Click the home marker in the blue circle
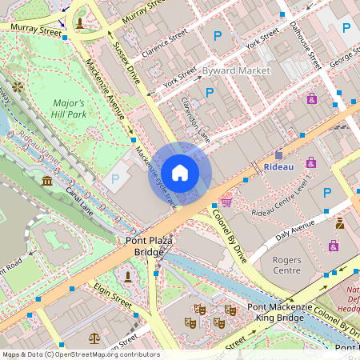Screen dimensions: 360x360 tap(180, 173)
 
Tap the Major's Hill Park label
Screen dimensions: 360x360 tap(70, 109)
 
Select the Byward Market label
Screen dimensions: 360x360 tap(236, 70)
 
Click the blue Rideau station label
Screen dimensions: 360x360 tap(279, 166)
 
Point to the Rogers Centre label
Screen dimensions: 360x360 tap(286, 265)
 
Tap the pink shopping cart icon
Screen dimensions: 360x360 tap(226, 202)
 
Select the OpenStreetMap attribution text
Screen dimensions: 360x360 tap(80, 354)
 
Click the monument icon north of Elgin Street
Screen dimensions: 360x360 tap(127, 276)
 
